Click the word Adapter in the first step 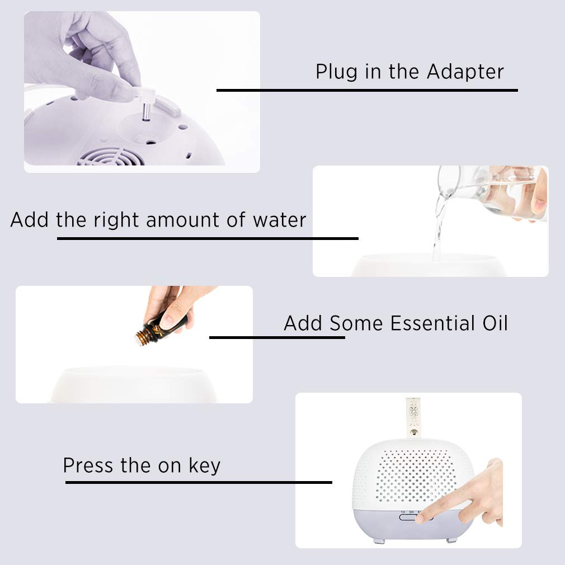(465, 72)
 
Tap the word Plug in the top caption (337, 72)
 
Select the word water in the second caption (280, 220)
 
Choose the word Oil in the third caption (495, 323)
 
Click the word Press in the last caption (88, 465)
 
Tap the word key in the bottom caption (204, 467)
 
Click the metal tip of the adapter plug (147, 112)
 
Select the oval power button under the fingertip (416, 517)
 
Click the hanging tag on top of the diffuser (413, 417)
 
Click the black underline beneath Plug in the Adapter (367, 90)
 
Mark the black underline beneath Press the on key (199, 482)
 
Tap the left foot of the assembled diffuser (378, 540)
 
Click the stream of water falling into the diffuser (439, 227)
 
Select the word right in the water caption (116, 220)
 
